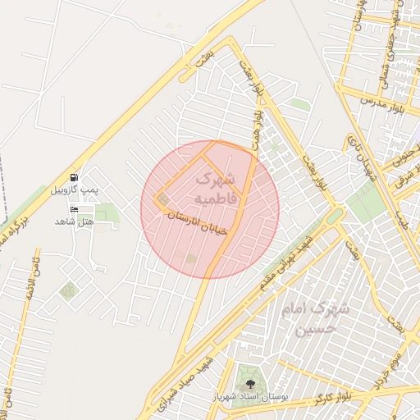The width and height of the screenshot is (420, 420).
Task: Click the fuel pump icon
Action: click(x=75, y=177)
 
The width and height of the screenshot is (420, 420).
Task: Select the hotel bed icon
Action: click(x=75, y=210)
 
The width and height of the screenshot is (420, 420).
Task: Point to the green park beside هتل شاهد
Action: click(x=106, y=216)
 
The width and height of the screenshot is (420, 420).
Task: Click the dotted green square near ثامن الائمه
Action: click(x=69, y=290)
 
